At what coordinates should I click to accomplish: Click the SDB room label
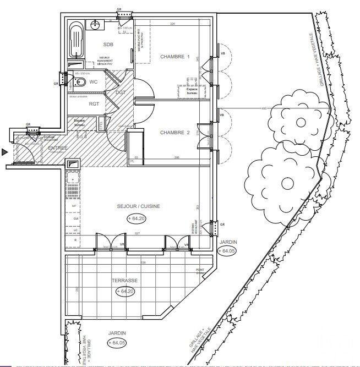(x=108, y=45)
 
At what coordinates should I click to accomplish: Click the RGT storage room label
(x=94, y=103)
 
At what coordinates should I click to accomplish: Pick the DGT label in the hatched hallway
(x=121, y=92)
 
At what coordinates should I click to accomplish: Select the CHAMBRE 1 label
(x=175, y=57)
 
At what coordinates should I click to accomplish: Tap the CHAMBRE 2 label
(x=175, y=133)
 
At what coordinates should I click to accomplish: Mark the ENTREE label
(x=58, y=149)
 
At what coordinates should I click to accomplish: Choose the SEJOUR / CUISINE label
(x=139, y=206)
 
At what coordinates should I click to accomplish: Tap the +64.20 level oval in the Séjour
(x=139, y=218)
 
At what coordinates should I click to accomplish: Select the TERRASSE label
(x=124, y=280)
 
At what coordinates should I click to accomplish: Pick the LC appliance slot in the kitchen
(x=74, y=229)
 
